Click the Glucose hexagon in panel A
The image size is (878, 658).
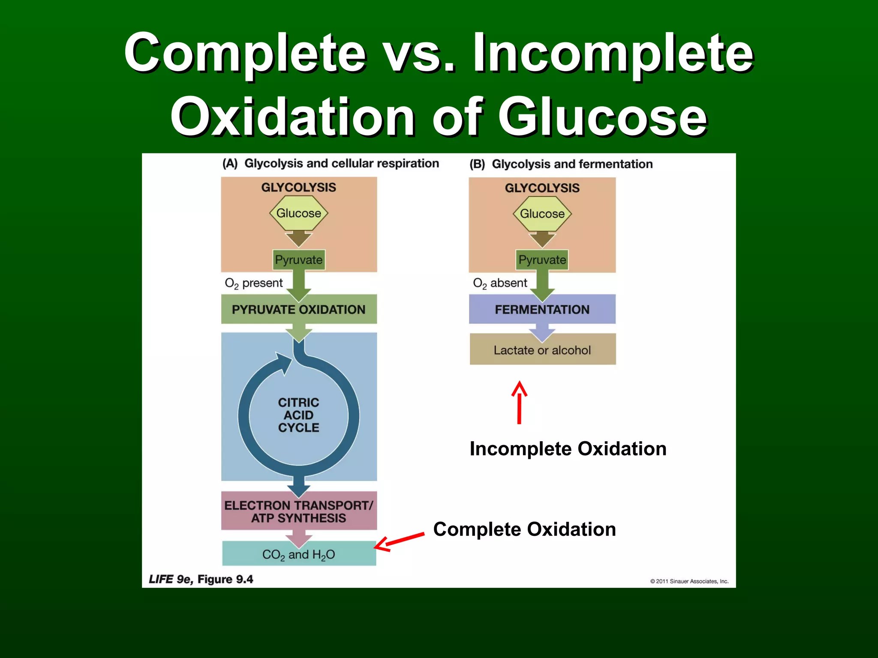[298, 213]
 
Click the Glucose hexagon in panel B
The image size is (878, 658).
[542, 213]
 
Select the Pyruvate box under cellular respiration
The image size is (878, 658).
[299, 260]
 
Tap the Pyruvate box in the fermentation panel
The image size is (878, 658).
[542, 260]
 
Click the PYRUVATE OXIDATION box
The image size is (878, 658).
[299, 309]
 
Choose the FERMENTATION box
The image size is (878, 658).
[542, 309]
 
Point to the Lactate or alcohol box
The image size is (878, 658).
[542, 350]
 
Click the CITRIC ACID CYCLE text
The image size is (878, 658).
[299, 415]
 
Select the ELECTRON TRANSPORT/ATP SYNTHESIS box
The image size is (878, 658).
[299, 511]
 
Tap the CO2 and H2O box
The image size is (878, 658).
[299, 554]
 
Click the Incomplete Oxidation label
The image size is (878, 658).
[568, 449]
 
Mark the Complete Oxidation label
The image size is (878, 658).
[524, 529]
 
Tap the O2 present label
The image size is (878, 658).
[254, 283]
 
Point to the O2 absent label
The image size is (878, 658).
[500, 283]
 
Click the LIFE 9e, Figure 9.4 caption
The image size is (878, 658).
[201, 579]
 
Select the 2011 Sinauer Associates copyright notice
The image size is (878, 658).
[689, 581]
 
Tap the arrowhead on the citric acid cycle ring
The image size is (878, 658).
[283, 362]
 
